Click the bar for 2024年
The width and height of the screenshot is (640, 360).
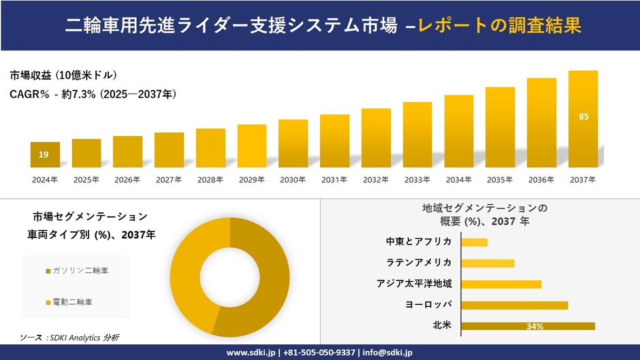click(x=45, y=154)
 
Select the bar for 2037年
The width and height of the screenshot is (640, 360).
click(x=583, y=119)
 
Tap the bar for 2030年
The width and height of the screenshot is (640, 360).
click(x=293, y=143)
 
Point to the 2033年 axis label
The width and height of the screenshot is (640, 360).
click(x=417, y=180)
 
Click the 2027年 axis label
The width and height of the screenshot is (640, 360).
click(x=169, y=180)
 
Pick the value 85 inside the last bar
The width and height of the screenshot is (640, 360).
click(x=583, y=117)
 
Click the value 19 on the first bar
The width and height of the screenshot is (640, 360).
click(x=44, y=155)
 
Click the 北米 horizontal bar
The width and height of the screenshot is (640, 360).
click(x=528, y=326)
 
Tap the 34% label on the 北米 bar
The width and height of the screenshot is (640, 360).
click(x=534, y=327)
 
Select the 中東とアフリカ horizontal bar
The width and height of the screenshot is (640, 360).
click(x=474, y=242)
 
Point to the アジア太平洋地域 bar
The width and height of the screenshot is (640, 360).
click(x=501, y=284)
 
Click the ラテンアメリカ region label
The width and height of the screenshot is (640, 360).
click(x=419, y=263)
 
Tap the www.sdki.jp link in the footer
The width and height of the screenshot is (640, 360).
click(x=251, y=353)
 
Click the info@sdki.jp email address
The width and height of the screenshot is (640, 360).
click(x=388, y=353)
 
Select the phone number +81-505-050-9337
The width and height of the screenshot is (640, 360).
click(x=319, y=353)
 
